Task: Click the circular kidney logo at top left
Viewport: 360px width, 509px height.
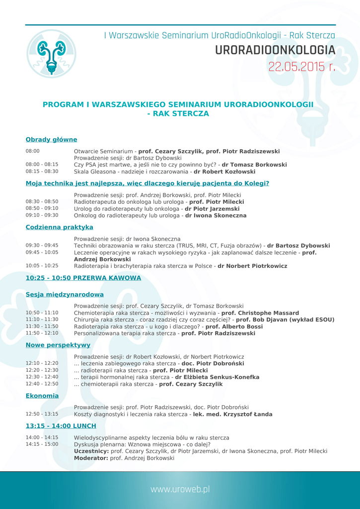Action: point(51,54)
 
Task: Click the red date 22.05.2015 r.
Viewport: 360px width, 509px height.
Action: point(302,67)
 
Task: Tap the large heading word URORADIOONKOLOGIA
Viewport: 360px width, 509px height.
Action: point(275,50)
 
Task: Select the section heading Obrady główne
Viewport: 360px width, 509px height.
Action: point(51,140)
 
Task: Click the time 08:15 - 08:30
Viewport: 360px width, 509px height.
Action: point(42,171)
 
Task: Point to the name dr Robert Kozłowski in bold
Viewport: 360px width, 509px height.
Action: point(224,171)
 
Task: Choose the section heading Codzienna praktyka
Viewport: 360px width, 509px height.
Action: point(59,227)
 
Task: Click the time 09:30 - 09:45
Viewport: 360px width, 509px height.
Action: point(42,245)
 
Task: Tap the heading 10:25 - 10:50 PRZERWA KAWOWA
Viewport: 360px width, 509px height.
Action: point(83,278)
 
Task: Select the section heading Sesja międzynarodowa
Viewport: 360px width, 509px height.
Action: point(65,295)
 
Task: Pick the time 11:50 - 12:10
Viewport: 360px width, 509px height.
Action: point(42,334)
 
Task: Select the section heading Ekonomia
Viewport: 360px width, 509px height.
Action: point(42,396)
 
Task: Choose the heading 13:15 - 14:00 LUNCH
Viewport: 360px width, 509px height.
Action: point(61,426)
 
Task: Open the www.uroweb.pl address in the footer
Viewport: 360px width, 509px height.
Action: point(180,489)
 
